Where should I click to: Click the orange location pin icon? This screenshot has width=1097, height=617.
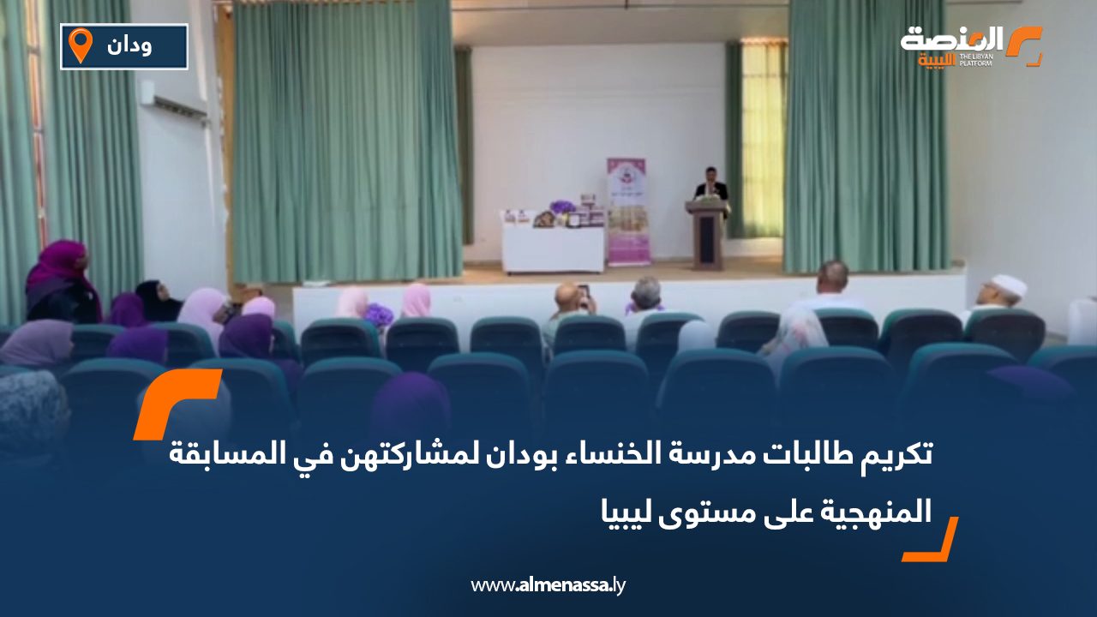(81, 45)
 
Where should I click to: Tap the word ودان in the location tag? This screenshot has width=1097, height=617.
(129, 46)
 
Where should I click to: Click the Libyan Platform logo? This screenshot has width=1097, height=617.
(969, 46)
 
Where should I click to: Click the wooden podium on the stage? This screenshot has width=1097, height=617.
(708, 233)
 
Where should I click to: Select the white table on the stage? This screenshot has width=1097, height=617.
(553, 247)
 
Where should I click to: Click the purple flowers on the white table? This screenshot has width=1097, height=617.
(562, 208)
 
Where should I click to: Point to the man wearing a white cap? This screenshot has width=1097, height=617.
(1005, 291)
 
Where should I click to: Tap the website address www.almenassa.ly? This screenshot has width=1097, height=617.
(548, 585)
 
